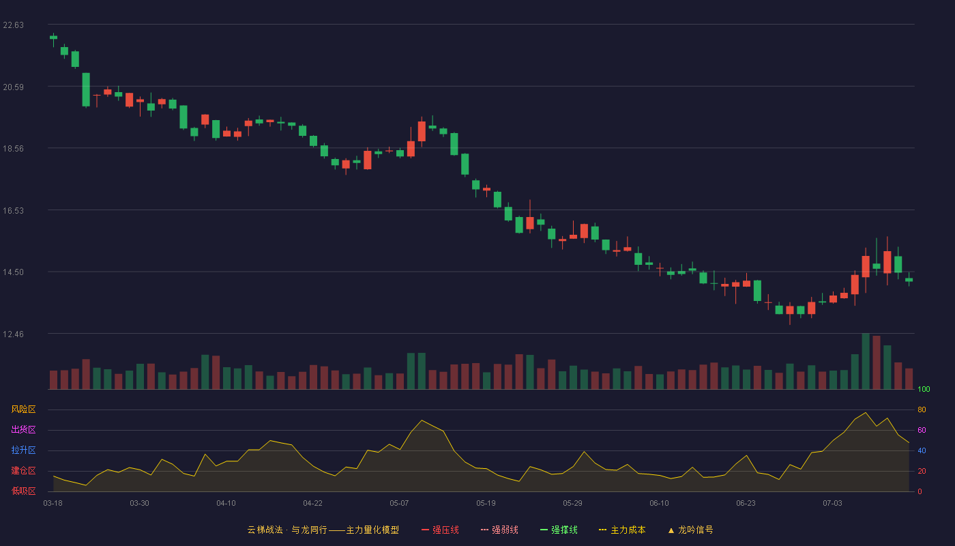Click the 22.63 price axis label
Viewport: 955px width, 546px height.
pos(13,25)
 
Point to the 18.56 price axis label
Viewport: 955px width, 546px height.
pos(13,149)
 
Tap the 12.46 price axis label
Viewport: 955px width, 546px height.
pos(13,334)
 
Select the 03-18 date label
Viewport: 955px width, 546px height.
pos(53,504)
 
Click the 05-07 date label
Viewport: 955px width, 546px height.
pos(399,504)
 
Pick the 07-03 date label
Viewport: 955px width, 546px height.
pos(832,504)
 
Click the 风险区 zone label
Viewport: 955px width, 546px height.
pos(23,409)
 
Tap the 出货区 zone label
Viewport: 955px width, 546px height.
pos(23,429)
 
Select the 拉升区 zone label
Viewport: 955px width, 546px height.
pos(23,450)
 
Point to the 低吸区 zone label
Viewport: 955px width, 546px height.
pos(23,491)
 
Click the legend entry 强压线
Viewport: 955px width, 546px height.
pos(440,530)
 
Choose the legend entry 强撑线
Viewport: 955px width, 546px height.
pos(559,530)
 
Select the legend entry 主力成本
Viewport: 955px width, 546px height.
pos(622,530)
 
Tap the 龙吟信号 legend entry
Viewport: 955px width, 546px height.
pos(690,530)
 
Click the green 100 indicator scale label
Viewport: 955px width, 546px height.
pos(924,389)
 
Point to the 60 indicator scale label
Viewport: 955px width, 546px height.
pos(922,430)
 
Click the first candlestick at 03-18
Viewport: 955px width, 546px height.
pos(53,38)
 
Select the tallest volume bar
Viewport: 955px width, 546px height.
pos(866,361)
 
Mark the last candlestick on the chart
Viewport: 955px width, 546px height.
pos(909,280)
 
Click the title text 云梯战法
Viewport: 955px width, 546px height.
pos(265,530)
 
